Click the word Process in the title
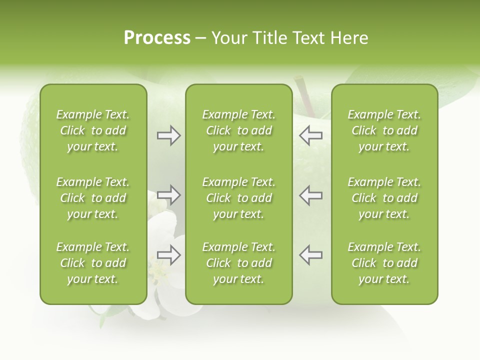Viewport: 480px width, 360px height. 157,38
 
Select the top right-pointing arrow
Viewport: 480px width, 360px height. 168,135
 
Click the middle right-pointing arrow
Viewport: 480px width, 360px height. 168,195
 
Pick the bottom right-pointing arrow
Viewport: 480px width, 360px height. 168,255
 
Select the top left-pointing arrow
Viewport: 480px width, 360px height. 310,135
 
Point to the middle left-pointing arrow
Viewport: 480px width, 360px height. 310,195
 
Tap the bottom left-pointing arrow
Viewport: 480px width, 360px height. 310,255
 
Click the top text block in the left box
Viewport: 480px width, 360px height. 93,130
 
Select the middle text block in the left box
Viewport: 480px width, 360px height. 93,198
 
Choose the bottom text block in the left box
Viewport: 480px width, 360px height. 93,263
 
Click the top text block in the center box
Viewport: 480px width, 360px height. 238,130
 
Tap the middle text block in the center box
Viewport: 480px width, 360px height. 238,198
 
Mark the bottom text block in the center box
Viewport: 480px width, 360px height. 238,263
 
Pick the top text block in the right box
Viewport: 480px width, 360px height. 384,130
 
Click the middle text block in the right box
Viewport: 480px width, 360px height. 384,198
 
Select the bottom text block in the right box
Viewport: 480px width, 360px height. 384,263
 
